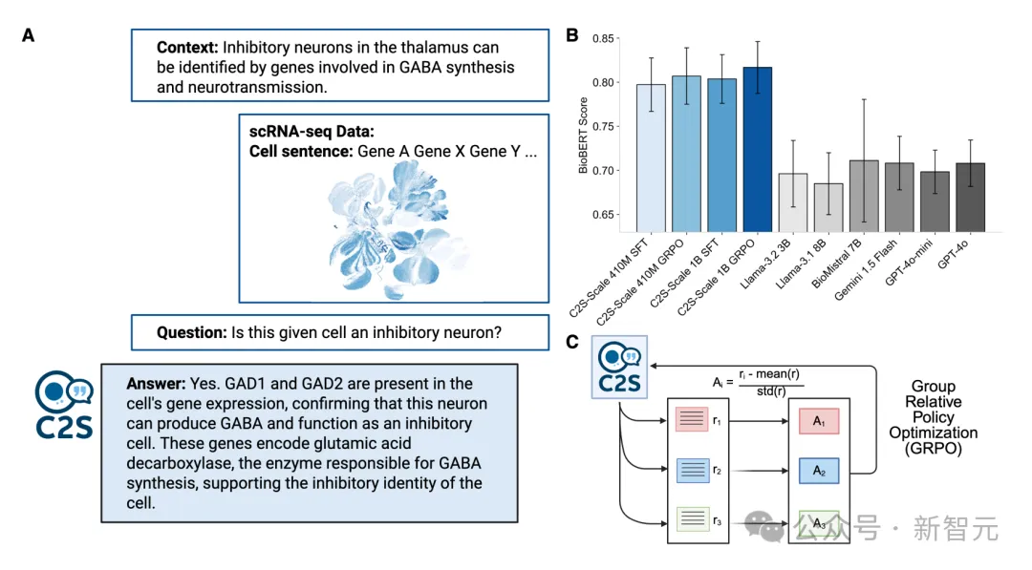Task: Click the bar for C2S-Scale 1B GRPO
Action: click(x=757, y=149)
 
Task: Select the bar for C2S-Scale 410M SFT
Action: click(x=651, y=158)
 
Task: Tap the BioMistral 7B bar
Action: click(x=864, y=196)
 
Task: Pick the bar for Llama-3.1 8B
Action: click(x=828, y=208)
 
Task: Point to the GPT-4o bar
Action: click(x=970, y=198)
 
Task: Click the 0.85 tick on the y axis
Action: click(x=602, y=39)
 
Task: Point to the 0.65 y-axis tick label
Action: click(x=602, y=215)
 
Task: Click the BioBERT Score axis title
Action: click(x=583, y=136)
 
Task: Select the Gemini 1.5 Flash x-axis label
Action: click(x=865, y=270)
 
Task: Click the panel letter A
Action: click(x=28, y=35)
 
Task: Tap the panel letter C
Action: click(x=572, y=342)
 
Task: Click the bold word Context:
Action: click(x=187, y=48)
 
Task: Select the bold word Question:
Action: click(x=191, y=332)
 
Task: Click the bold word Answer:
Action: click(x=156, y=384)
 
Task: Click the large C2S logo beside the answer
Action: click(x=64, y=404)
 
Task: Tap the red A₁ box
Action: click(x=819, y=421)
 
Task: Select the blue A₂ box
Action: click(x=819, y=471)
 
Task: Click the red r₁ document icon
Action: click(x=692, y=419)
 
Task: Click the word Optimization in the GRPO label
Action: click(x=934, y=433)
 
